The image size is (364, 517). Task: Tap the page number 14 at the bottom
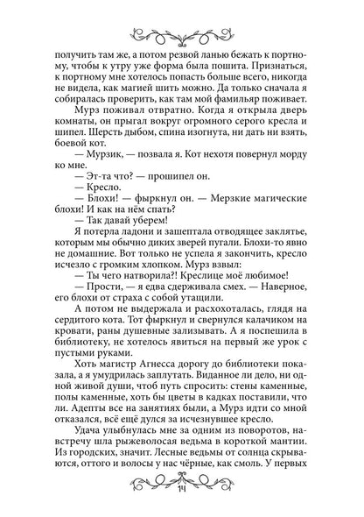pos(182,510)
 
